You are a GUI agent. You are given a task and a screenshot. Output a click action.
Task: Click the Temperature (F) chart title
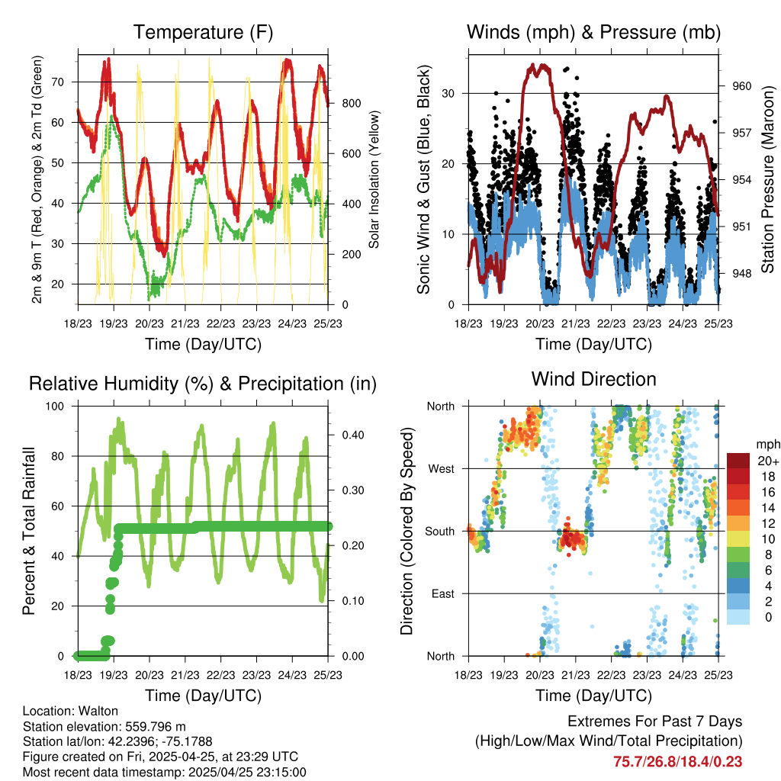click(x=203, y=32)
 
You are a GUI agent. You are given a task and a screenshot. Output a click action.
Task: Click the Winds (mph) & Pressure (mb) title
click(x=593, y=32)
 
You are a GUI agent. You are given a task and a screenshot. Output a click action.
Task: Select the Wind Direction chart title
click(x=593, y=379)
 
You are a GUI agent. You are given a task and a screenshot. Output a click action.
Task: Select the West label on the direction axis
click(x=440, y=468)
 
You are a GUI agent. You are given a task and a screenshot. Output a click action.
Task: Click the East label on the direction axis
click(x=442, y=593)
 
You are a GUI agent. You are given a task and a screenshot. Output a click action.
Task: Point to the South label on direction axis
click(x=439, y=531)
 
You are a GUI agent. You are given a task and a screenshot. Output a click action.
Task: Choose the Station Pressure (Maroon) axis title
click(x=767, y=169)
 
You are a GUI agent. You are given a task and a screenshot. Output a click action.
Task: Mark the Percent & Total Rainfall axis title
click(x=30, y=531)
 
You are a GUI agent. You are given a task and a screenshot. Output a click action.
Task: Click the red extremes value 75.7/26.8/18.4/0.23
click(x=677, y=761)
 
